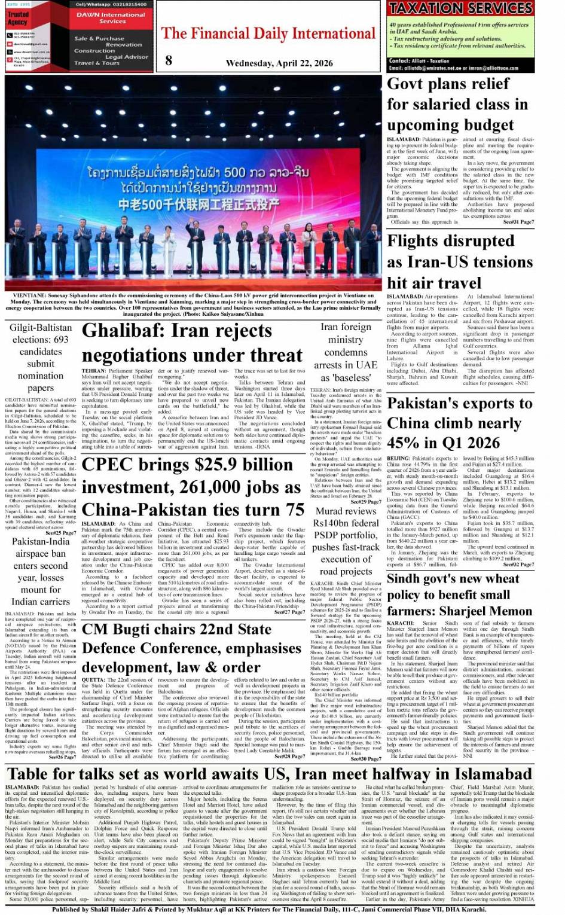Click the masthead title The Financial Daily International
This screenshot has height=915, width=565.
tap(268, 33)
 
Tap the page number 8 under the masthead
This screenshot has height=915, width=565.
tap(169, 60)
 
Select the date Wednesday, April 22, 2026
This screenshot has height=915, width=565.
tap(279, 63)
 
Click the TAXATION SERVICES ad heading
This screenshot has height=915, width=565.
tap(460, 8)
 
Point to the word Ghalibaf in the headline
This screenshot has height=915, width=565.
tap(123, 331)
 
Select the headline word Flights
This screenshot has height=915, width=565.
tap(418, 241)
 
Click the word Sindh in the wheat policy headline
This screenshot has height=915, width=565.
tap(408, 579)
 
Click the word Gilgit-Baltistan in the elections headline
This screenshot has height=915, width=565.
tap(41, 328)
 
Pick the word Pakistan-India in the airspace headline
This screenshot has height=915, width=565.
tap(41, 541)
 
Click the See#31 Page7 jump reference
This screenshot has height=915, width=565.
tap(518, 222)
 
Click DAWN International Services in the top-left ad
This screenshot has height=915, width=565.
tap(113, 18)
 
